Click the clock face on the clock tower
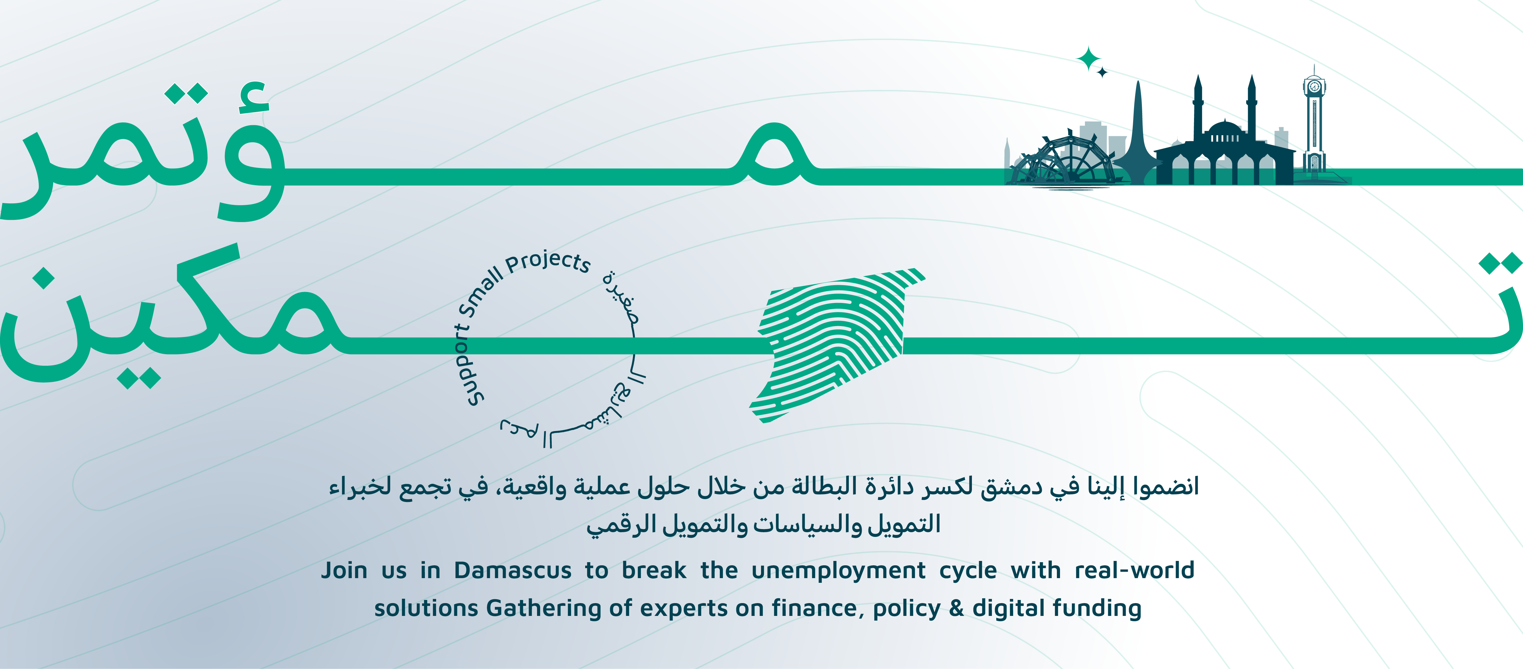click(1314, 87)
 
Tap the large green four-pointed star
click(1088, 58)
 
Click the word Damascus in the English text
click(513, 570)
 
